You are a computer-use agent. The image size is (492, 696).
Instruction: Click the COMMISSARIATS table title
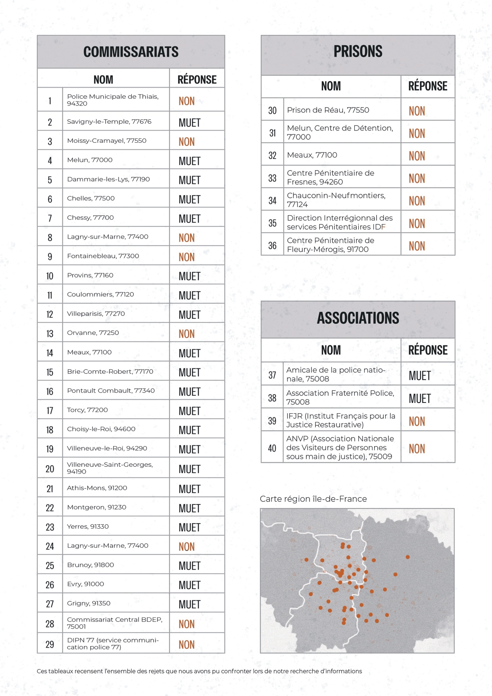131,52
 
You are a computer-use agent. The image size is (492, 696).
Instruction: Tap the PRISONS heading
358,52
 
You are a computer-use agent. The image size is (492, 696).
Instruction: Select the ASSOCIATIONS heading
358,318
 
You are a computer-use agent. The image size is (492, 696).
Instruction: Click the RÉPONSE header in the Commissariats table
197,80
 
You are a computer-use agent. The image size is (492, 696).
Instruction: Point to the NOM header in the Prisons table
331,86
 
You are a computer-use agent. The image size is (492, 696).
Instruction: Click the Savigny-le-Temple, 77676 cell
109,121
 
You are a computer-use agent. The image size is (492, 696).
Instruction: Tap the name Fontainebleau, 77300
103,256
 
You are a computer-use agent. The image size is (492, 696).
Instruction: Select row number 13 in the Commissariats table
50,334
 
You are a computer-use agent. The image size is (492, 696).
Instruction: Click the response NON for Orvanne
186,334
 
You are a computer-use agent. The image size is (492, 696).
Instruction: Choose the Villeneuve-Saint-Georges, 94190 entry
110,468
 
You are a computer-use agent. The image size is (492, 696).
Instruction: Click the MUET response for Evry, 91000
189,585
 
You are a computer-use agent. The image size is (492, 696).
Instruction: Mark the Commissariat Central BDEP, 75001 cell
115,623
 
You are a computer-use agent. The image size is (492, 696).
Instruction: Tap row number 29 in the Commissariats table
50,644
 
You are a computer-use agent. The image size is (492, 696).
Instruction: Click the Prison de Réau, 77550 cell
328,110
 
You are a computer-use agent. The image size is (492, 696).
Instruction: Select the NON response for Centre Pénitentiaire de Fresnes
417,178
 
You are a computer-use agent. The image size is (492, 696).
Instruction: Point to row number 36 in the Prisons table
272,245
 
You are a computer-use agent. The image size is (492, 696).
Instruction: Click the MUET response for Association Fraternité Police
419,399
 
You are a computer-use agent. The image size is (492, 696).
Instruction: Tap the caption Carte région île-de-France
313,499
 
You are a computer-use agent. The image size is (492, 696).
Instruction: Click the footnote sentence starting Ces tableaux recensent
199,671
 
